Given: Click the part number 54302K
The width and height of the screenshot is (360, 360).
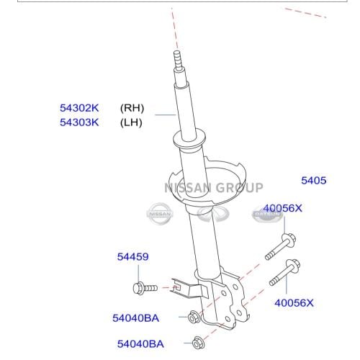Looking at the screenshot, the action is pos(79,108).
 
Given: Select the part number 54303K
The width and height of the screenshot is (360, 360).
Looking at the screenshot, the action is pos(79,122).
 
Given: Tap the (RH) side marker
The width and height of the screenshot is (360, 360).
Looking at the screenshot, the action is pos(132,108).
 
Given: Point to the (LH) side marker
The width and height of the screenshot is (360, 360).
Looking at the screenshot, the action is pos(131,122).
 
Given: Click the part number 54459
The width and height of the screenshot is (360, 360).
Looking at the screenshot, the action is pos(132,257).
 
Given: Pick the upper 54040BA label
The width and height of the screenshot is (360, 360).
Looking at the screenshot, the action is pos(135,318).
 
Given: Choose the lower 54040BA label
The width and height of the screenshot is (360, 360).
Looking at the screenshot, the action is pos(140,344).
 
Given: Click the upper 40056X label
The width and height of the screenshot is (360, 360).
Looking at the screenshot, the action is pos(282,208).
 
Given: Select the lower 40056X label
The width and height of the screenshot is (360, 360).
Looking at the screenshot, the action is pos(294,303).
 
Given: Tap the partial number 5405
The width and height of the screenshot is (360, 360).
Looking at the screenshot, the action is pos(314,181).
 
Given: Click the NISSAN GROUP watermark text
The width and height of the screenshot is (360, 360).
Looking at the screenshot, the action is pos(214,188).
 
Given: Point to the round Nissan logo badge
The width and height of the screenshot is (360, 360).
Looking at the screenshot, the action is pos(160,214).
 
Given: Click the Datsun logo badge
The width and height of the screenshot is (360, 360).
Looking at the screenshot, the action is pos(267,214).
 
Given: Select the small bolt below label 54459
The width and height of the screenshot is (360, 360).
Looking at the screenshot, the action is pos(145,288).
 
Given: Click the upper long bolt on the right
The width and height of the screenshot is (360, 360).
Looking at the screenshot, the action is pos(280,246).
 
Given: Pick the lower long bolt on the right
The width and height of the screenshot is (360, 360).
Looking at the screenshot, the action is pos(284,272).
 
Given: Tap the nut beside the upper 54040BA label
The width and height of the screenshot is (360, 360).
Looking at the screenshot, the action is pos(193,317).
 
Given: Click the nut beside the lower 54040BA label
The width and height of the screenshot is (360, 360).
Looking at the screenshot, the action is pos(199,343).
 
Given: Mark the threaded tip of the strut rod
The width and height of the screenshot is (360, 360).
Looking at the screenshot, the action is pos(177,60).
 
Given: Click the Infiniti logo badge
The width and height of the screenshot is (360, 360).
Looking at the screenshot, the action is pos(213,214).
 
